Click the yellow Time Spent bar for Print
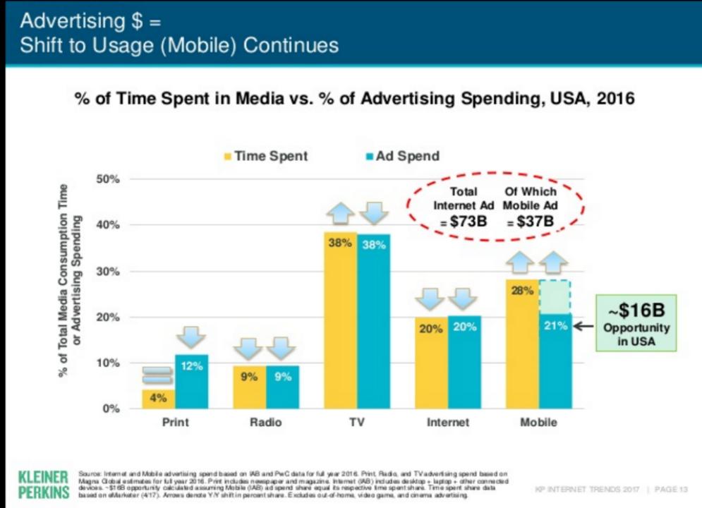pyautogui.click(x=158, y=399)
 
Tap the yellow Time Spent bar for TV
pyautogui.click(x=340, y=321)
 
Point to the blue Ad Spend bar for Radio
pyautogui.click(x=283, y=387)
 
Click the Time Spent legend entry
pyautogui.click(x=265, y=157)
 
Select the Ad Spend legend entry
pyautogui.click(x=402, y=157)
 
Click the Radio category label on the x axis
pyautogui.click(x=265, y=423)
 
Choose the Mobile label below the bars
pyautogui.click(x=538, y=423)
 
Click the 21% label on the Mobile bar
pyautogui.click(x=555, y=326)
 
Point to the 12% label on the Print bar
pyautogui.click(x=192, y=365)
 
